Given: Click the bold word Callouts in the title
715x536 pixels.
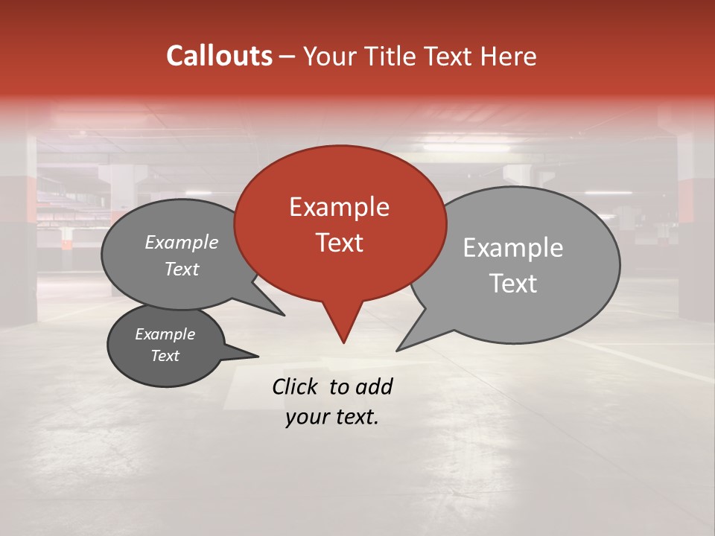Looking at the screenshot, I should [219, 57].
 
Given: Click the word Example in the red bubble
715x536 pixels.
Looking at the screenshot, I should [339, 207].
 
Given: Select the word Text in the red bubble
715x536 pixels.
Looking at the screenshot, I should [339, 243].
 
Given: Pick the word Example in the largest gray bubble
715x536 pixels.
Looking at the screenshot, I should [512, 248].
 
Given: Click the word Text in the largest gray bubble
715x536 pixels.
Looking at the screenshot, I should [512, 284].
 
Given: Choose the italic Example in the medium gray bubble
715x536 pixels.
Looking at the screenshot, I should [181, 243].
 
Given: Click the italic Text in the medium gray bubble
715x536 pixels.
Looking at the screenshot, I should [181, 269].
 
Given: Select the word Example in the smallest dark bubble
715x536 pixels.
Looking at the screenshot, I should [165, 334].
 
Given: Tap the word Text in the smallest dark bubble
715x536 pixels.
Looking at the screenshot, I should [165, 356].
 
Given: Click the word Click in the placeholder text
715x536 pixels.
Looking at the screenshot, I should [296, 386].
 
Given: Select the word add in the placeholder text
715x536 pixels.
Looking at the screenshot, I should [374, 386].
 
